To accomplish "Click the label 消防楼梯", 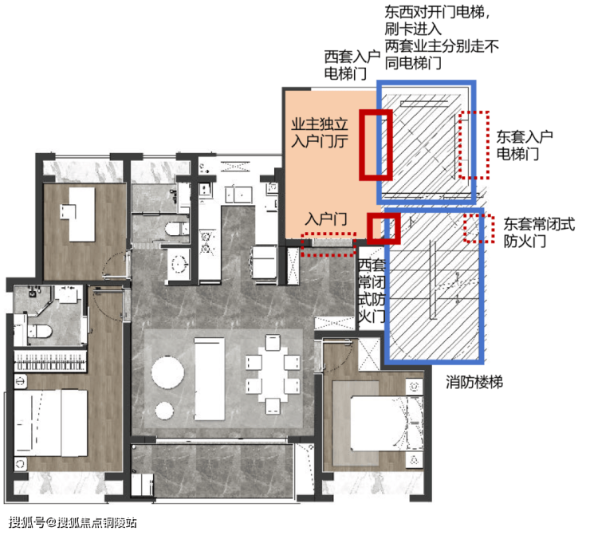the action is tap(474, 382).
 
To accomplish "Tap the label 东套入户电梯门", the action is tap(524, 145).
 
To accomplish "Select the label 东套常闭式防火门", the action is tap(539, 232).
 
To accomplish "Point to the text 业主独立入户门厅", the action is tap(320, 132).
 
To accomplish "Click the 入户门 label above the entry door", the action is tap(326, 219).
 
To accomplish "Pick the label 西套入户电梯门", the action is tap(352, 65).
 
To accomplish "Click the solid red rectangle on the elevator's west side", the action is tap(376, 145).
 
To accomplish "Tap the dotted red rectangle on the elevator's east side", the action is tap(474, 145).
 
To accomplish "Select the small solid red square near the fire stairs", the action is tap(383, 228).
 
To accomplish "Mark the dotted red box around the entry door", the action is tap(328, 244).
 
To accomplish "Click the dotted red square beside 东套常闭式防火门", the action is tap(478, 228).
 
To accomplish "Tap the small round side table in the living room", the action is tap(164, 411).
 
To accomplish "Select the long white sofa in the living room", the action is tap(209, 379).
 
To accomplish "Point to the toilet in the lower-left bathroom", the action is tap(40, 331).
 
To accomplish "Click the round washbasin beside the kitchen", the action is tap(179, 263).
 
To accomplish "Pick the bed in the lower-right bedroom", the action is tap(378, 423).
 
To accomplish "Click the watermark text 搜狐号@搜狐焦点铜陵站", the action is tap(73, 522).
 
